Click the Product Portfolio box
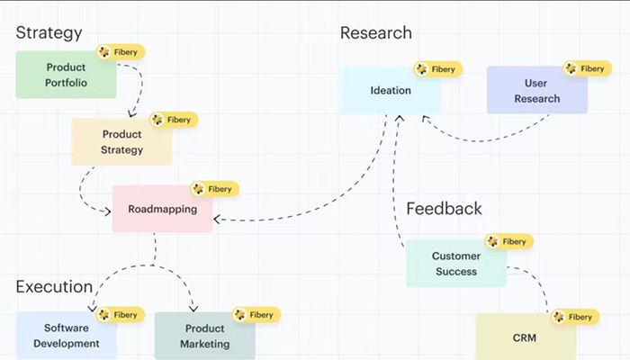pyautogui.click(x=66, y=75)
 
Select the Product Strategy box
pyautogui.click(x=121, y=142)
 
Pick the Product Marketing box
pyautogui.click(x=204, y=336)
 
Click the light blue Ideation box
pyautogui.click(x=391, y=90)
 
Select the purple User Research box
pyautogui.click(x=536, y=91)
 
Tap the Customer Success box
pyautogui.click(x=455, y=264)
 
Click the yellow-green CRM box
pyautogui.click(x=525, y=337)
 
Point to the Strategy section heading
pyautogui.click(x=49, y=33)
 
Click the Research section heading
pyautogui.click(x=375, y=33)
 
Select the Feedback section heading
pyautogui.click(x=444, y=209)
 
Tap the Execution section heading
pyautogui.click(x=54, y=287)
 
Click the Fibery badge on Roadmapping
pyautogui.click(x=214, y=189)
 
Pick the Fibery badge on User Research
pyautogui.click(x=586, y=68)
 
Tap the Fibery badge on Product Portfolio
pyautogui.click(x=121, y=52)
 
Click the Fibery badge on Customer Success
pyautogui.click(x=508, y=241)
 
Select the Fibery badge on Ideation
pyautogui.click(x=437, y=68)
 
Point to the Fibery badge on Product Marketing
pyautogui.click(x=256, y=315)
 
